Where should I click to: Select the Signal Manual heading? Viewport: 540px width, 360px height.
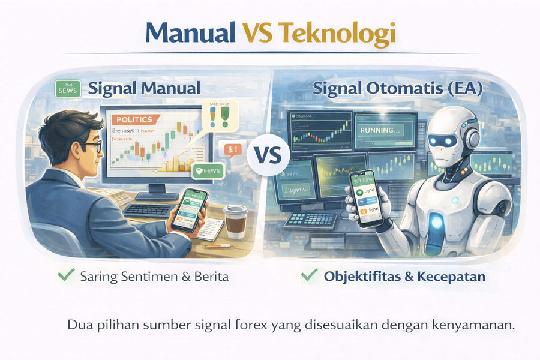144,88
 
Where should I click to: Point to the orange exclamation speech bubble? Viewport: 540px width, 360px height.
232,149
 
